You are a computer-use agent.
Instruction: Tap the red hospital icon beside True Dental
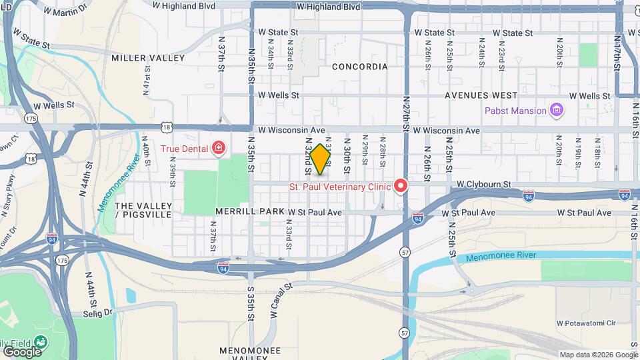tap(218, 147)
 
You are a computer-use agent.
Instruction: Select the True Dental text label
tap(185, 147)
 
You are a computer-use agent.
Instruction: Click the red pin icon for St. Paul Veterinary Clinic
tap(401, 186)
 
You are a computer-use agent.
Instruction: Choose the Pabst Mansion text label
tap(515, 111)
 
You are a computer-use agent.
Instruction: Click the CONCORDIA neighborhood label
tap(359, 67)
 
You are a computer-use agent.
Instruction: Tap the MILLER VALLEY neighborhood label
tap(148, 58)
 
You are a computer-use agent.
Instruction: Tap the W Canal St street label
tap(280, 299)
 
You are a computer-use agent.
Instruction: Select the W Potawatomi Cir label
tap(596, 323)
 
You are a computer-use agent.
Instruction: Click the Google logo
tap(21, 351)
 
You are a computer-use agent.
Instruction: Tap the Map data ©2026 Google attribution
tap(597, 355)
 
